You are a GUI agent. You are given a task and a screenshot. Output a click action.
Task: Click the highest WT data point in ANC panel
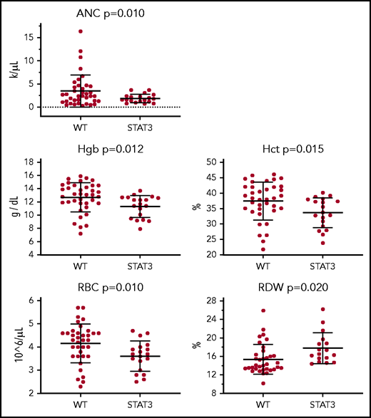tap(81, 31)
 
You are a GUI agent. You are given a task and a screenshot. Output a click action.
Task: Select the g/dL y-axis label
tap(12, 202)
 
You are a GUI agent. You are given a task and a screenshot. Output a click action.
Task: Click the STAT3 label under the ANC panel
tap(133, 130)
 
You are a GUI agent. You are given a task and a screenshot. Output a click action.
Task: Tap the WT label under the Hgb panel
tap(81, 266)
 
